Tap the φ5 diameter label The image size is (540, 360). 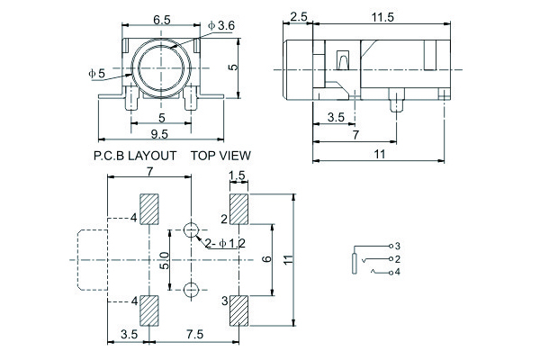click(x=96, y=72)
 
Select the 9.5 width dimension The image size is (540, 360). click(x=161, y=134)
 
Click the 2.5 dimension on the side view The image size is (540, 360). click(x=300, y=17)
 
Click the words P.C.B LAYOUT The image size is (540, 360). click(x=135, y=155)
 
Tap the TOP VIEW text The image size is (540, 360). click(x=220, y=155)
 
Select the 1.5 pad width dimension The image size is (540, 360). click(x=238, y=175)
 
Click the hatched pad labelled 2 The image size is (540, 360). click(x=238, y=212)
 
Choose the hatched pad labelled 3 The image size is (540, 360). click(x=238, y=310)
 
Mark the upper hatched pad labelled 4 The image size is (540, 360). click(x=148, y=212)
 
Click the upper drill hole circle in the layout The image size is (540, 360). click(x=191, y=230)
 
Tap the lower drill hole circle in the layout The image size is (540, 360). click(x=191, y=290)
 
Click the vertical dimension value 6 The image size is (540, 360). click(x=266, y=259)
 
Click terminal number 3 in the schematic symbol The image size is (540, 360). click(x=397, y=246)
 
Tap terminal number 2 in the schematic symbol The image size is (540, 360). click(x=397, y=258)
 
